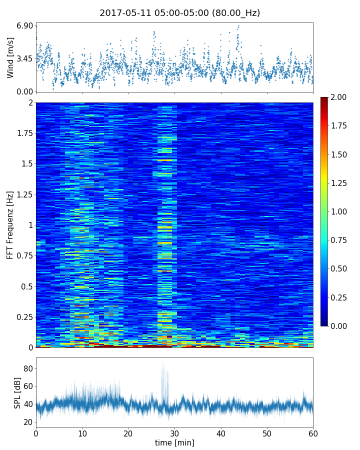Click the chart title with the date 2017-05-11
[179, 13]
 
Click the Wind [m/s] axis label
[10, 57]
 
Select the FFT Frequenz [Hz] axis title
[10, 224]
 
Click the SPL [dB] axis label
[17, 392]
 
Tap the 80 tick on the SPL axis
[28, 369]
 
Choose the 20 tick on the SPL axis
[28, 422]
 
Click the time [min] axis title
[174, 443]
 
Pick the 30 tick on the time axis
[174, 432]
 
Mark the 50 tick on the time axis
[267, 432]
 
